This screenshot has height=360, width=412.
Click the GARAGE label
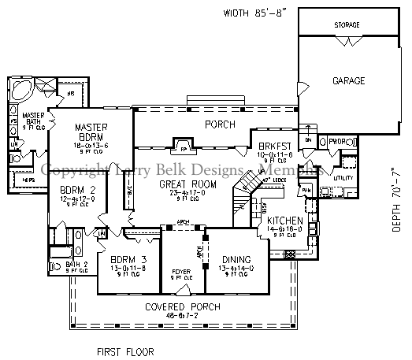click(347, 80)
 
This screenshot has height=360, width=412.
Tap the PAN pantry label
click(306, 191)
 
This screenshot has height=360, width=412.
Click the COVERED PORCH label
click(182, 306)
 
